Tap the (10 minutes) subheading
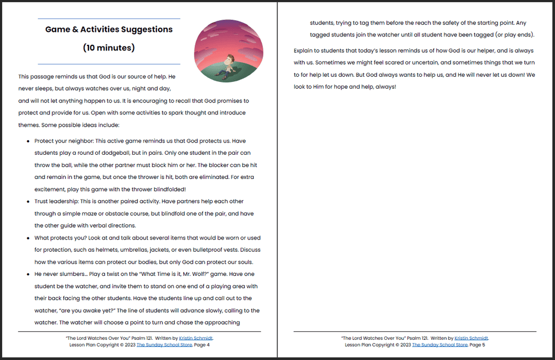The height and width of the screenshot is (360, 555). [109, 48]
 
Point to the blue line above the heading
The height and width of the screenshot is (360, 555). [109, 19]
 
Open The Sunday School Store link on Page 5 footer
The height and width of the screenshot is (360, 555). [440, 345]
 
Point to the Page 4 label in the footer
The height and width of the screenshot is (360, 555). [201, 345]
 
